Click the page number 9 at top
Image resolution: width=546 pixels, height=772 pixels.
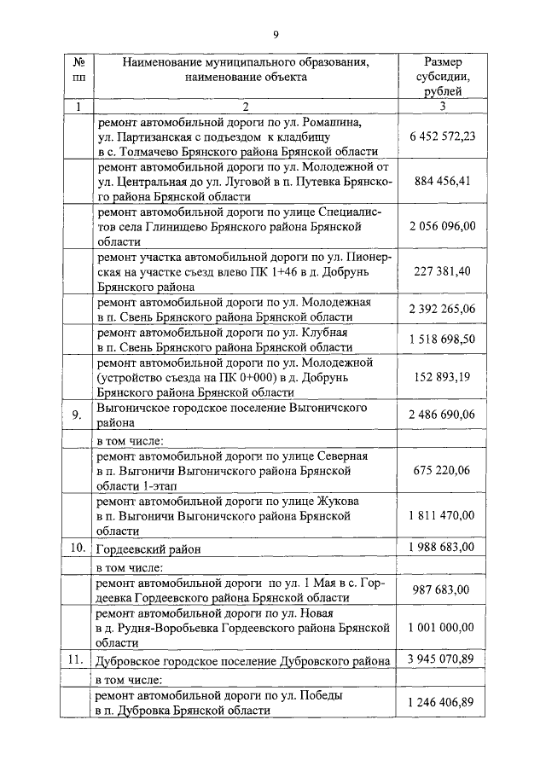[x=276, y=34]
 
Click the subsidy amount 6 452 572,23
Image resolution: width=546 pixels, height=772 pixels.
[x=442, y=136]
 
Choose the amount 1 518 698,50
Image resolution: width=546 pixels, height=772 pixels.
[x=442, y=340]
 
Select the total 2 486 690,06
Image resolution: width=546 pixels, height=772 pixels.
[x=442, y=414]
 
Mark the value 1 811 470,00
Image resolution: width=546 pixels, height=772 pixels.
[x=442, y=515]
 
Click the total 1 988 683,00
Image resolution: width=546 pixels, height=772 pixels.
[x=442, y=548]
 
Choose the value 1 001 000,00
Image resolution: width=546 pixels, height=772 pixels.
[x=442, y=627]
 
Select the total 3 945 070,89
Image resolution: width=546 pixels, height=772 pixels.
[x=442, y=660]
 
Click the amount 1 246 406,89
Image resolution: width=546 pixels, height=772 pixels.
[x=442, y=702]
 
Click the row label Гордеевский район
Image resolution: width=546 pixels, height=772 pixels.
[x=149, y=549]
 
